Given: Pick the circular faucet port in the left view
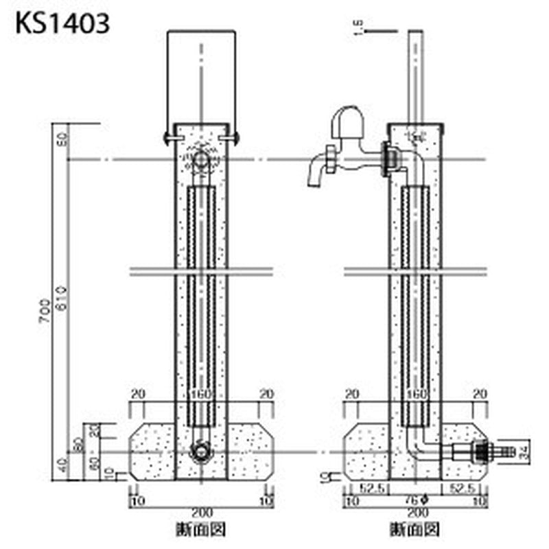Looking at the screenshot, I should [200, 161].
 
